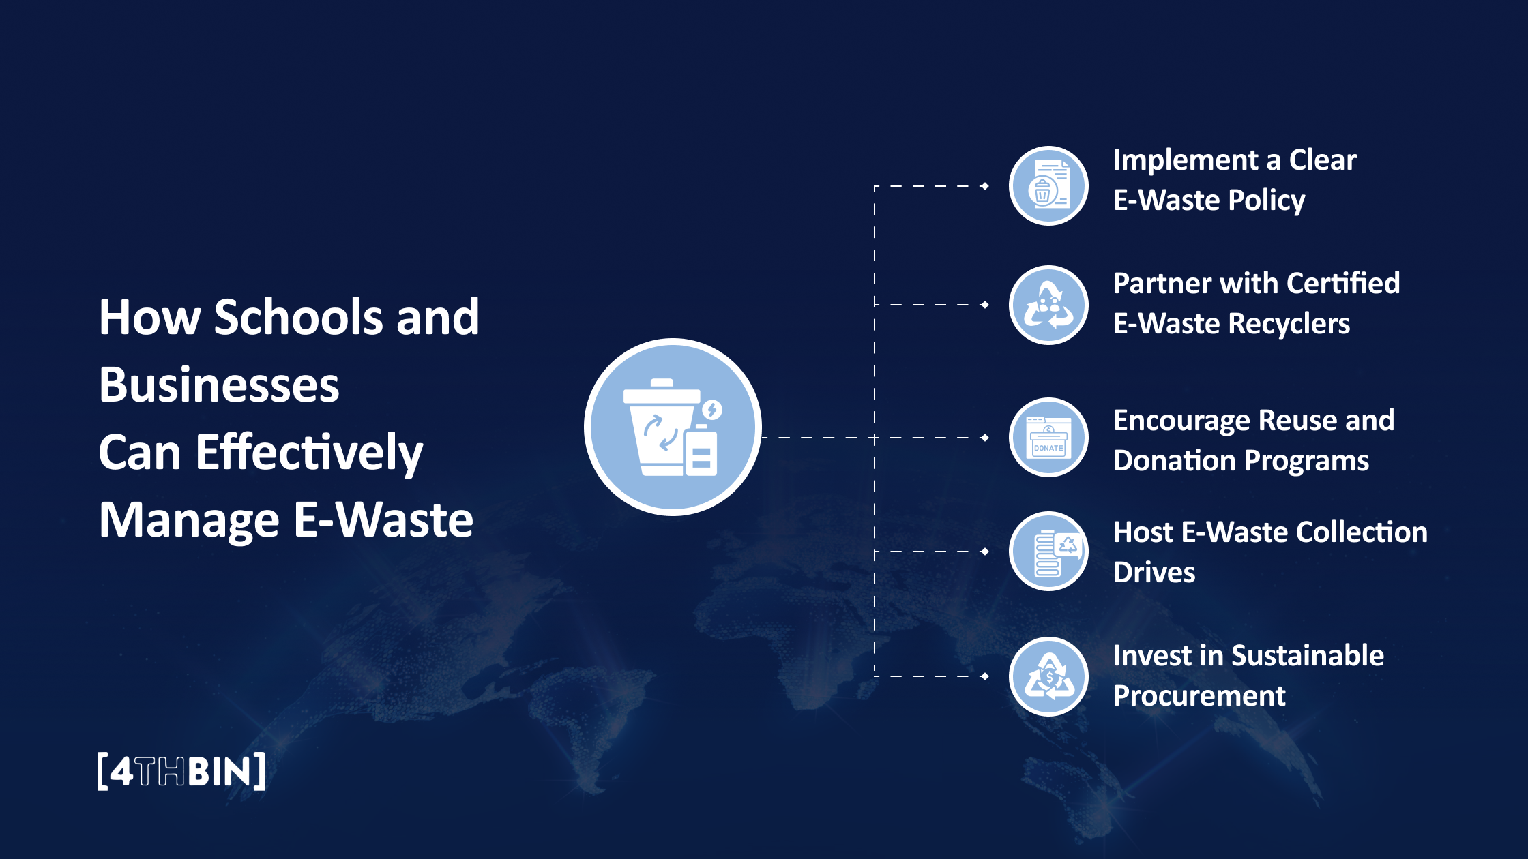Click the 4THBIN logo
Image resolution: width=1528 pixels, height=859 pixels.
coord(181,771)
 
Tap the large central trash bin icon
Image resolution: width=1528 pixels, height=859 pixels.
coord(673,427)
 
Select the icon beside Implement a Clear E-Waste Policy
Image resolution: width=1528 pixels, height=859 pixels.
coord(1048,185)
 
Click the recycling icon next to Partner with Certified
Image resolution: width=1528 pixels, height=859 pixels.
coord(1048,305)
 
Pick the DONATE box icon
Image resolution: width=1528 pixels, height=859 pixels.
coord(1048,438)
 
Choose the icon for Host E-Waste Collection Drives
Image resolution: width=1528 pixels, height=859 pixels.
coord(1048,552)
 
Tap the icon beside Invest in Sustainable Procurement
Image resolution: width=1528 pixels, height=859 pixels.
coord(1048,676)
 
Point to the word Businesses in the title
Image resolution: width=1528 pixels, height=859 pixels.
coord(219,385)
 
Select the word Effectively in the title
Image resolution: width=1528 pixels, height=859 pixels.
coord(309,452)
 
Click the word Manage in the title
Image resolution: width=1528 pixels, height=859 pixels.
coord(189,519)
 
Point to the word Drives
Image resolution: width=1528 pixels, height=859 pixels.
coord(1154,572)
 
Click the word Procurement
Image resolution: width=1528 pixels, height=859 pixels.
coord(1199,695)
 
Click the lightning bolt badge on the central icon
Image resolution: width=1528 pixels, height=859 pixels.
coord(712,410)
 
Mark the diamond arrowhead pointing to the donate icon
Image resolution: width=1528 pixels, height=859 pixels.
coord(984,438)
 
